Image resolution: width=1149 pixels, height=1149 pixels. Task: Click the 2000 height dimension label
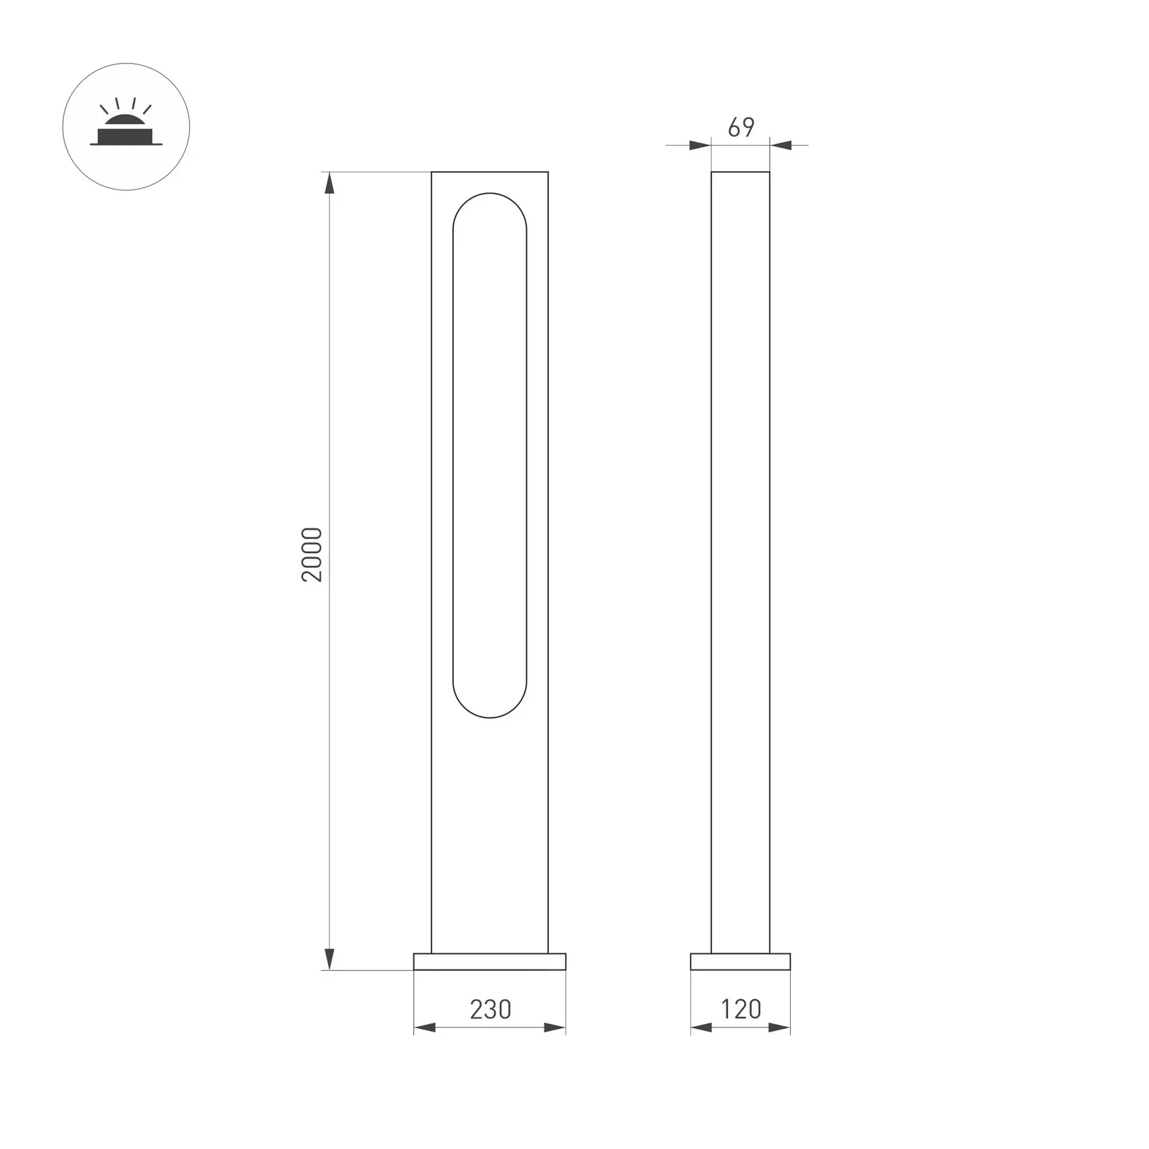point(312,554)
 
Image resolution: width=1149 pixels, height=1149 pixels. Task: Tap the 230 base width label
point(490,1009)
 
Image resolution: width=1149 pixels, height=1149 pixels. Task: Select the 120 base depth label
point(741,1009)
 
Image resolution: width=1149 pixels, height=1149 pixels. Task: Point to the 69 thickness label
point(741,127)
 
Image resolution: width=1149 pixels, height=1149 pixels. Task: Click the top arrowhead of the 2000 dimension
point(329,183)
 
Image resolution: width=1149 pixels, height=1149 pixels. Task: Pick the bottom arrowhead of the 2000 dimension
point(329,959)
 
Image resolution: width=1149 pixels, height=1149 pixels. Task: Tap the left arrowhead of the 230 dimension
point(425,1027)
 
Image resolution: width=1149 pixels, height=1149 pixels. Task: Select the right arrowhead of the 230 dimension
point(555,1027)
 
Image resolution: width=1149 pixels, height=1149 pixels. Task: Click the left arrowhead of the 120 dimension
point(701,1027)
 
